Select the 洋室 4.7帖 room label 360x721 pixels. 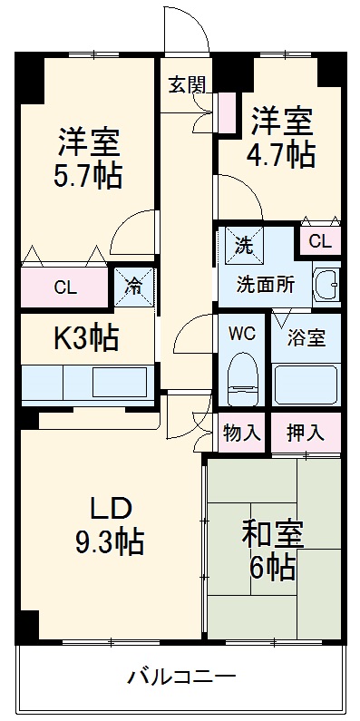282,137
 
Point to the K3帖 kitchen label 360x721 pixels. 86,338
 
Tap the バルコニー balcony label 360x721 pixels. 181,676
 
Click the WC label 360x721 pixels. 240,332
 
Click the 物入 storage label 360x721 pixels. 241,433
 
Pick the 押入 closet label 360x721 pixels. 305,433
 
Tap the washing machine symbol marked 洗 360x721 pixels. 243,243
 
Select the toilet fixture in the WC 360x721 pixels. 241,379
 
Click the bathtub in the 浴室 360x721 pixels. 306,384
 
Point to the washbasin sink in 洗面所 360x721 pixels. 326,286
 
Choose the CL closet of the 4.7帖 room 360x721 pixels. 319,241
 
